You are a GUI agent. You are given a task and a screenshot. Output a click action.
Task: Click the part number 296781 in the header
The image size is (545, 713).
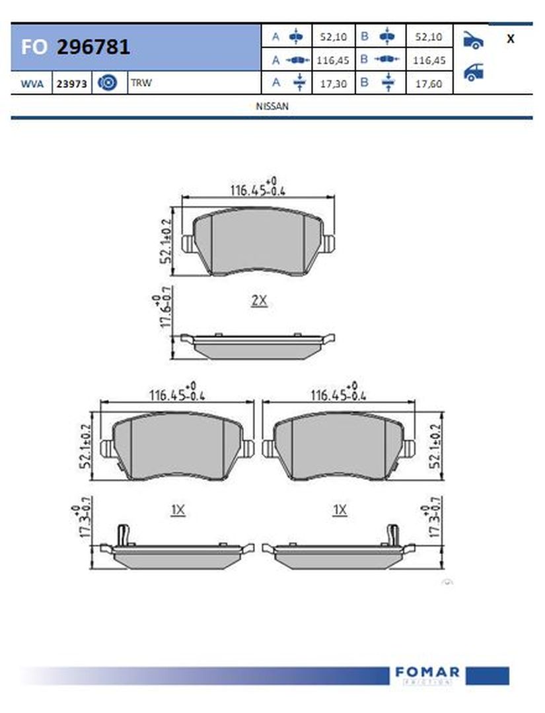click(x=93, y=47)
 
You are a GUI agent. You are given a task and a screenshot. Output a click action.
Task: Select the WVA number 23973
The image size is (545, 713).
click(x=71, y=84)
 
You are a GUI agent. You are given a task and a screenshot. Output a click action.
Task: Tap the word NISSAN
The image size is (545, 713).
click(x=272, y=106)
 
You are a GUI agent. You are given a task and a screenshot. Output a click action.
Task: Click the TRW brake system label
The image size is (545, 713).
click(x=141, y=83)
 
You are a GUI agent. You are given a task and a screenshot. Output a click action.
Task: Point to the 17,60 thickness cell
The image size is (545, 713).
click(x=429, y=84)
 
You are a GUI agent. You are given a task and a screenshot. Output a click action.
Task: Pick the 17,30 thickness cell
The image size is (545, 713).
click(x=334, y=84)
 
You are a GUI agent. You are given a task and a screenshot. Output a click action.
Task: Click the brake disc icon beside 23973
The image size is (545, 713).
click(x=108, y=83)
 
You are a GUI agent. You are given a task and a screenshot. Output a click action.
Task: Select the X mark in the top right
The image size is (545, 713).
click(x=511, y=39)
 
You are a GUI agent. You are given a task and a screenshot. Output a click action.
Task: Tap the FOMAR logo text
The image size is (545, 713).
click(x=427, y=671)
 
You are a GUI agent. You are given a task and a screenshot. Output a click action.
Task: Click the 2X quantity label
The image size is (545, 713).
click(x=260, y=300)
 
